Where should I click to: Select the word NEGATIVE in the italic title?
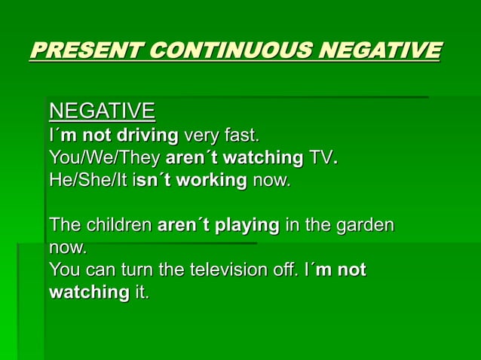[380, 51]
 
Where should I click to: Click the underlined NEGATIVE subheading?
[102, 112]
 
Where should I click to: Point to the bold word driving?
[146, 136]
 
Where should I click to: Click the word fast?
[241, 136]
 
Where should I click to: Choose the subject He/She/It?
[90, 182]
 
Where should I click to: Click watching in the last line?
[89, 292]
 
